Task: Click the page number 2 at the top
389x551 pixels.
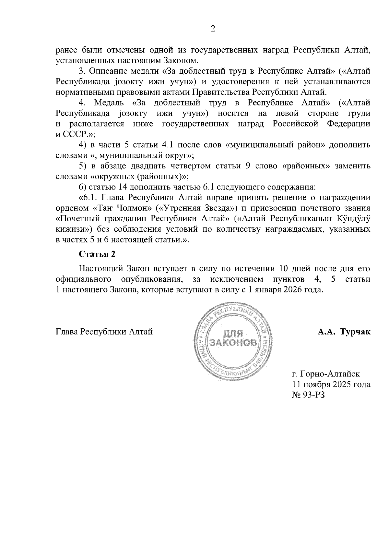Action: coord(213,29)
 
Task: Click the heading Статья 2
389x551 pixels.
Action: coord(97,254)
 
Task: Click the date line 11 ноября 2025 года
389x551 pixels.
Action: coord(331,385)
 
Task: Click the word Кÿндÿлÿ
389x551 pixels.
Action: coord(355,219)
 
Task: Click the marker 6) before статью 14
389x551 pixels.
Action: coord(83,187)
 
